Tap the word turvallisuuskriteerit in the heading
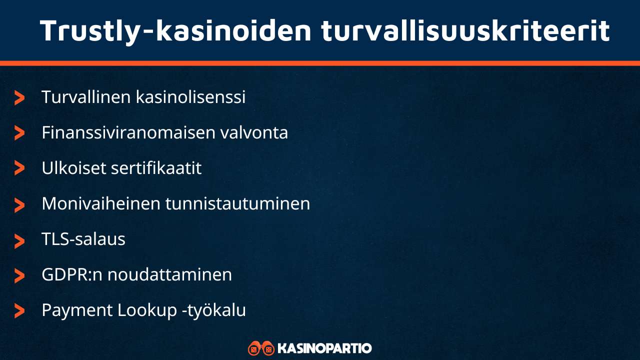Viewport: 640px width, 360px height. (x=465, y=30)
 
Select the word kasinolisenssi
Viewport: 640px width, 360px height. (x=190, y=97)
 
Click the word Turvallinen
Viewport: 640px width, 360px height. (x=86, y=97)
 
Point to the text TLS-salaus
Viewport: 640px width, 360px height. (x=83, y=239)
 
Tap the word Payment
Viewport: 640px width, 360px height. (x=77, y=310)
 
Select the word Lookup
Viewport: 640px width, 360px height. (x=145, y=310)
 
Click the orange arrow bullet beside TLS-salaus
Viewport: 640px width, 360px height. (x=19, y=241)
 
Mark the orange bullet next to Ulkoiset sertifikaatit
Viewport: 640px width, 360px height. (x=19, y=168)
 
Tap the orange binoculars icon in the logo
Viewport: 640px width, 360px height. (x=261, y=348)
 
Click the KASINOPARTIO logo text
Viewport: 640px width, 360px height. (x=324, y=348)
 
